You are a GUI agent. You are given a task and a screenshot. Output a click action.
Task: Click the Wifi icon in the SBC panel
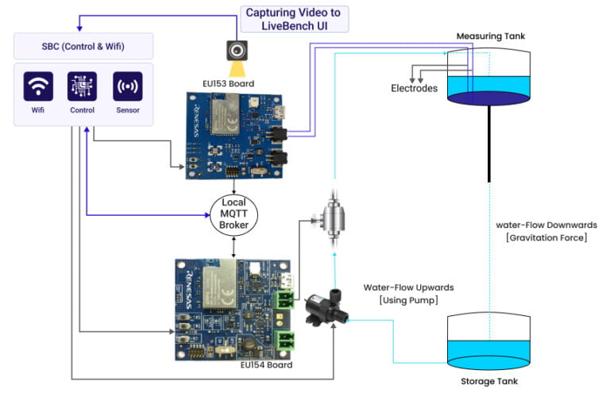click(38, 86)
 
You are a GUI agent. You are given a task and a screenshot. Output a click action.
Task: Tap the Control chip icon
click(83, 86)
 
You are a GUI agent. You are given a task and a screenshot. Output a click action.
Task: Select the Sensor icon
click(128, 86)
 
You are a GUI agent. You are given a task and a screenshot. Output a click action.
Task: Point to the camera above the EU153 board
click(237, 51)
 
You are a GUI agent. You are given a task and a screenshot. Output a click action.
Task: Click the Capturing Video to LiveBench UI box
click(294, 18)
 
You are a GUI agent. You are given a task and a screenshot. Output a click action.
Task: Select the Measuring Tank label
click(490, 37)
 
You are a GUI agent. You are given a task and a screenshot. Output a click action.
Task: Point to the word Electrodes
click(414, 88)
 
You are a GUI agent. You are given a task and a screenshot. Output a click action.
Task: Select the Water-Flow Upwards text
click(403, 287)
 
